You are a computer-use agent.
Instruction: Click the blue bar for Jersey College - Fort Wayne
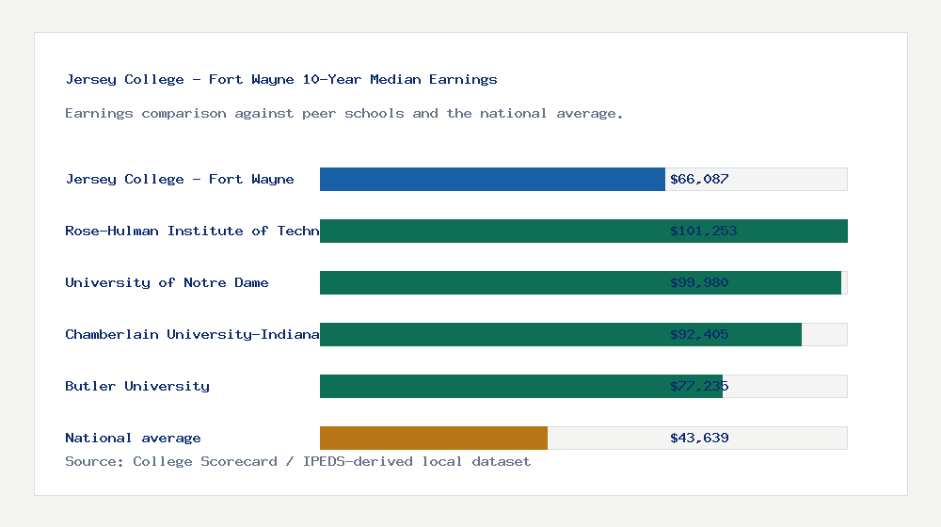(x=492, y=179)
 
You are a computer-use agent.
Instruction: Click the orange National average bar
(x=434, y=438)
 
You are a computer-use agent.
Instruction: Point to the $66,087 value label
(x=699, y=179)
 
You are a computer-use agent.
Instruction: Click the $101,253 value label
(x=703, y=231)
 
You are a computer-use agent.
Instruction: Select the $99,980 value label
(x=699, y=282)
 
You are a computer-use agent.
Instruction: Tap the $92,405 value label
(x=699, y=334)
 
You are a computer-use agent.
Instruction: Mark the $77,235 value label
(x=699, y=386)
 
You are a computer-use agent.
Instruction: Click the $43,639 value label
(x=699, y=438)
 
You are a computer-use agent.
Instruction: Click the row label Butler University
(x=137, y=386)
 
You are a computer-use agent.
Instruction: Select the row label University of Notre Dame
(x=167, y=282)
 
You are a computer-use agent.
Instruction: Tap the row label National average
(x=133, y=438)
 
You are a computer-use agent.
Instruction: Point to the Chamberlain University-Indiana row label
(x=192, y=334)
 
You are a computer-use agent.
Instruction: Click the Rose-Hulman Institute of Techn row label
(x=192, y=231)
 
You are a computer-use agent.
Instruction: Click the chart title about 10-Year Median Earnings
(x=281, y=80)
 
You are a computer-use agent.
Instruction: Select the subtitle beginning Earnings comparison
(x=344, y=114)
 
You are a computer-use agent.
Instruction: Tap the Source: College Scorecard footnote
(x=297, y=461)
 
